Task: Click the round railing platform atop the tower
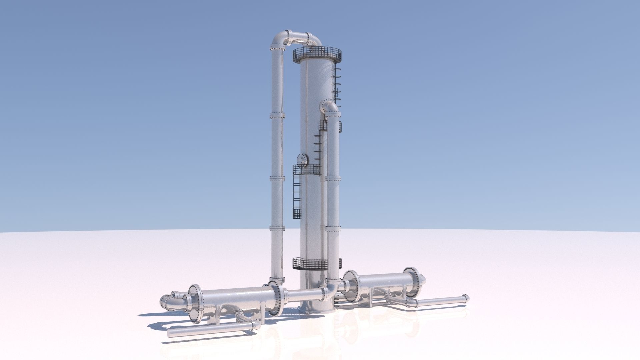tap(317, 55)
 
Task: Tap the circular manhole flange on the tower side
tap(303, 160)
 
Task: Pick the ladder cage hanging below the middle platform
tap(296, 197)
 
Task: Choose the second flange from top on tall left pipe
tap(277, 116)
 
